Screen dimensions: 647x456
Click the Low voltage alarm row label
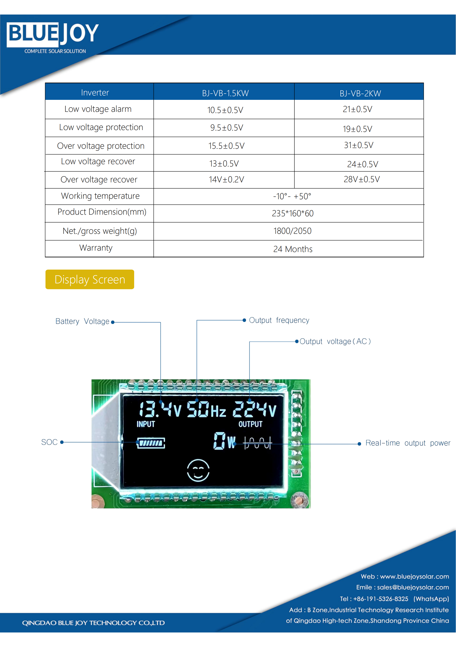(98, 109)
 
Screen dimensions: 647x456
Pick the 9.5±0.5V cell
(226, 128)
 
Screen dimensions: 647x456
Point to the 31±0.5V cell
(358, 145)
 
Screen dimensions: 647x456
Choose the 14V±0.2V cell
(226, 179)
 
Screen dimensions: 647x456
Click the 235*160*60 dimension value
(293, 213)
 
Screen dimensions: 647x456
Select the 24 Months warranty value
(293, 249)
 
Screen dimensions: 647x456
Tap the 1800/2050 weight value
(292, 231)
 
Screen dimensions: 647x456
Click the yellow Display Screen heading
(90, 279)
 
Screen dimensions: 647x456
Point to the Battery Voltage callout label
(82, 321)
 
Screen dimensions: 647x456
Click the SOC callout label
(49, 442)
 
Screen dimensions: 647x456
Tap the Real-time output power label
(408, 443)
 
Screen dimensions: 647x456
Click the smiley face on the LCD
(198, 470)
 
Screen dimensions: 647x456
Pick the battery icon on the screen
(151, 443)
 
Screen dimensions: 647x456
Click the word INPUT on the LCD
(146, 424)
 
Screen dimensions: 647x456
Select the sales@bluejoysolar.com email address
(413, 587)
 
